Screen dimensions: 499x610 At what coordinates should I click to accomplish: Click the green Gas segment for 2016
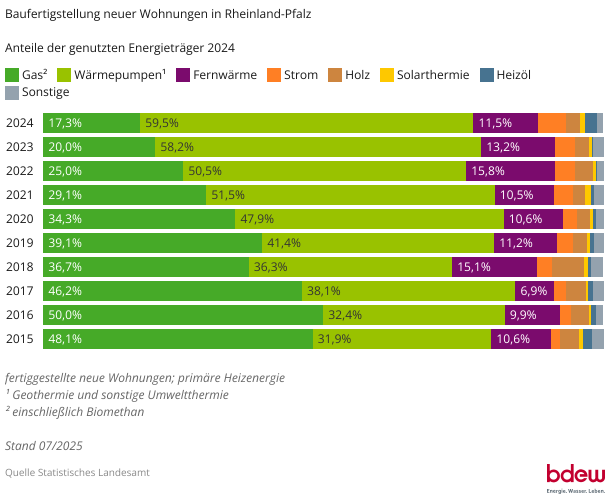point(183,315)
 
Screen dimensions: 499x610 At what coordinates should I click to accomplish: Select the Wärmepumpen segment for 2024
point(306,123)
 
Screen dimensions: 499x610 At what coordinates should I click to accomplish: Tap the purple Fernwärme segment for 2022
point(510,171)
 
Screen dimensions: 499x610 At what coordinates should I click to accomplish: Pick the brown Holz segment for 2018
point(567,267)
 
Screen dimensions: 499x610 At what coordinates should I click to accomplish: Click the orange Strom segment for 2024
point(551,123)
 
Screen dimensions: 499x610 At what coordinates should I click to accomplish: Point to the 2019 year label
point(19,243)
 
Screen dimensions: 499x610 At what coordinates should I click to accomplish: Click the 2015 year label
point(19,339)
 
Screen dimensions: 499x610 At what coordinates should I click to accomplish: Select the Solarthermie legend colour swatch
point(387,75)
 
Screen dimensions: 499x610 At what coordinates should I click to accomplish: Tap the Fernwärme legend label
point(224,75)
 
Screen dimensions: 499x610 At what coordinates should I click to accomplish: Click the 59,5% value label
point(161,123)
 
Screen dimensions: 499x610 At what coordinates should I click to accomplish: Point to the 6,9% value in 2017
point(533,291)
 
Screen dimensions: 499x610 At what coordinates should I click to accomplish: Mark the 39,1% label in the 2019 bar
point(65,243)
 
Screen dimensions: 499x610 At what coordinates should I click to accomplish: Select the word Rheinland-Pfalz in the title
point(268,14)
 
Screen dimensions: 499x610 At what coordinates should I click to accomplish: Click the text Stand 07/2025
point(44,445)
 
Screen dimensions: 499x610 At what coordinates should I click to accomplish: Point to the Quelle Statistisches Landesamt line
point(77,472)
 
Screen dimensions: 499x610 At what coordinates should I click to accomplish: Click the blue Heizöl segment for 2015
point(587,339)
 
